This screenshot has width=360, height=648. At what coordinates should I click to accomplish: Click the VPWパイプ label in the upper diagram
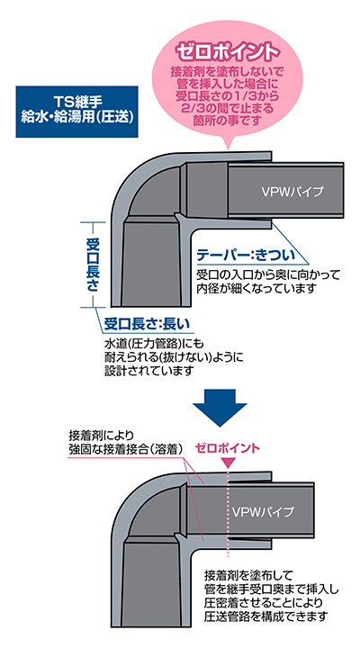tap(292, 192)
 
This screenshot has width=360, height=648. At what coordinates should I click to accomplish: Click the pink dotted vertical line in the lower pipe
tap(228, 517)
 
